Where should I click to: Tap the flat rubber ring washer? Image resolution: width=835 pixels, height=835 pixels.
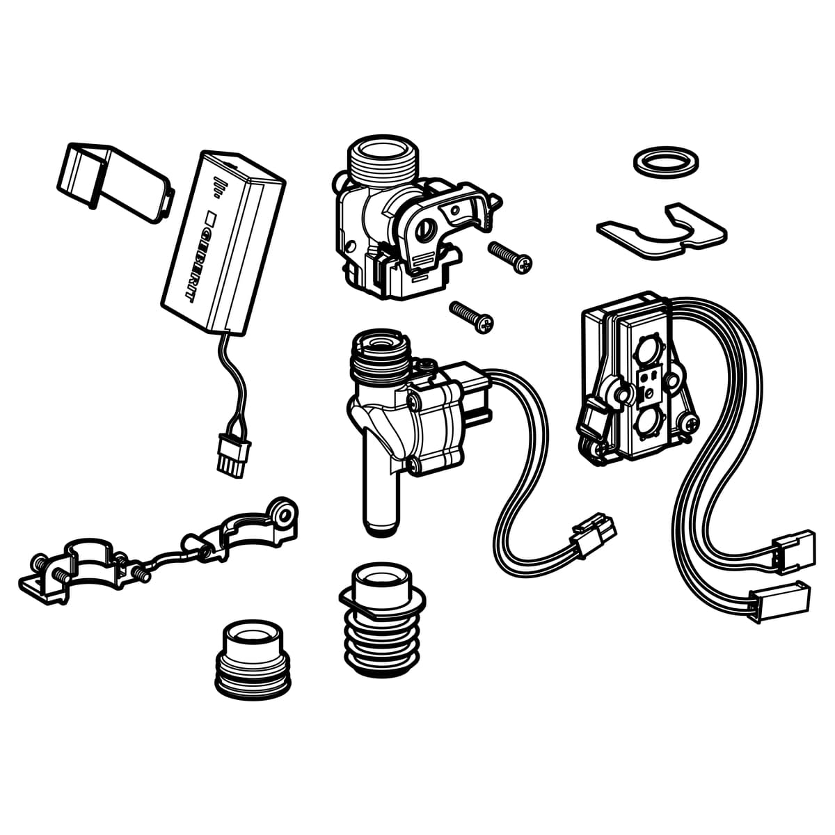coord(666,165)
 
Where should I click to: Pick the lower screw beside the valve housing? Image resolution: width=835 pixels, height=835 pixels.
coord(472,317)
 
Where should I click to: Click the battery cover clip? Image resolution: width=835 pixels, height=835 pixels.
coord(115,183)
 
